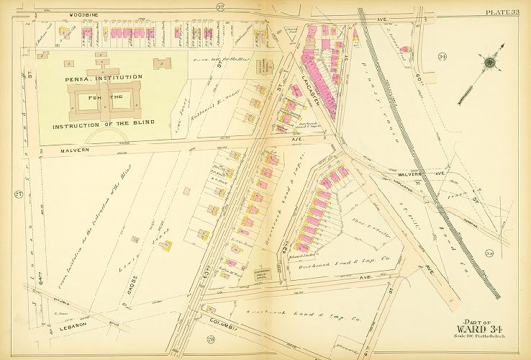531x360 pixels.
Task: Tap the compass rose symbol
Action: [x=491, y=63]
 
